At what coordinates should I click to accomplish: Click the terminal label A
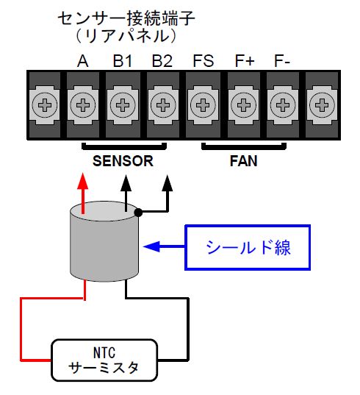[x=83, y=61]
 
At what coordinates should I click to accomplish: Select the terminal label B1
[x=123, y=61]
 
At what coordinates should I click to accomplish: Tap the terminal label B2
[x=162, y=61]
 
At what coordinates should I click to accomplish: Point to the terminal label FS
[x=204, y=61]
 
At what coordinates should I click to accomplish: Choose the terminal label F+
[x=245, y=61]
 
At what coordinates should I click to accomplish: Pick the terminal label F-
[x=282, y=61]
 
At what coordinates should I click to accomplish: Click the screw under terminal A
[x=83, y=105]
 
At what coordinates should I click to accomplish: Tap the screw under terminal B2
[x=163, y=105]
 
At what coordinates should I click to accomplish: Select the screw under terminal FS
[x=203, y=105]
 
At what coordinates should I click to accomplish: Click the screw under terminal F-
[x=283, y=105]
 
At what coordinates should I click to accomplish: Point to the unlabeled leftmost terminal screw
[x=45, y=105]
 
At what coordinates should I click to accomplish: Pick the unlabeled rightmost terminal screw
[x=322, y=105]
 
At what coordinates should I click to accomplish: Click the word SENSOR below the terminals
[x=123, y=161]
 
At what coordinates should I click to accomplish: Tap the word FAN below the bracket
[x=243, y=161]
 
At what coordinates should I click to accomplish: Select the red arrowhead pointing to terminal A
[x=83, y=181]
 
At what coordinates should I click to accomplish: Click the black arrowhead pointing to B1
[x=126, y=182]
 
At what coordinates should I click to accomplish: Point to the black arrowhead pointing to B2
[x=167, y=182]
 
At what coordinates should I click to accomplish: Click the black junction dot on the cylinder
[x=138, y=213]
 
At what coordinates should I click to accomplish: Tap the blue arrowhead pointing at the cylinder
[x=151, y=246]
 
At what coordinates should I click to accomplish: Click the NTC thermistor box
[x=104, y=360]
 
